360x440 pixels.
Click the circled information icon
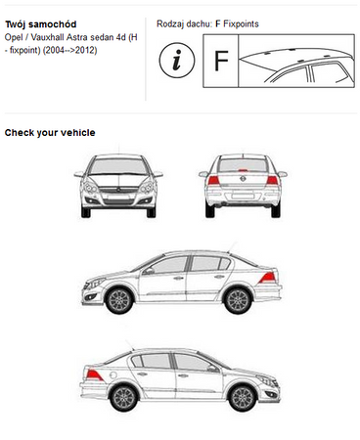point(177,60)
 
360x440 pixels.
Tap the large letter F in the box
point(221,61)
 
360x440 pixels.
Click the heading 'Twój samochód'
point(41,24)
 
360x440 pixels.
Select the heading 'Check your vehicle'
point(50,133)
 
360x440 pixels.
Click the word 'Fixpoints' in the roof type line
point(241,23)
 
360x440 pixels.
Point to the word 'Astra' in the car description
point(76,37)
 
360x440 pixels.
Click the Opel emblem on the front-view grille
point(118,190)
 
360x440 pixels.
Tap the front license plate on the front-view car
point(118,198)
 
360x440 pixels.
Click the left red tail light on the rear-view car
point(213,180)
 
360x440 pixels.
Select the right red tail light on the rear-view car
point(272,180)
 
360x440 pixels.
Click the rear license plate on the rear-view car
point(243,196)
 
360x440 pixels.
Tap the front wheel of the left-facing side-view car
point(119,300)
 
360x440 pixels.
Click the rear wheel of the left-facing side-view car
point(238,300)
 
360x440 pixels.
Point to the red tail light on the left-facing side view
point(268,278)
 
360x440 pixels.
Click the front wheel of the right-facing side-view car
point(243,398)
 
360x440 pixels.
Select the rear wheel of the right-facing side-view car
point(124,398)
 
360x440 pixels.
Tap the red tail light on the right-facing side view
point(94,375)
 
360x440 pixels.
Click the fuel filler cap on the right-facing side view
point(112,375)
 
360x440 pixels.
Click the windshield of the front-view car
point(118,166)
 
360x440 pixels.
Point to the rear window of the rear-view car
point(243,165)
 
